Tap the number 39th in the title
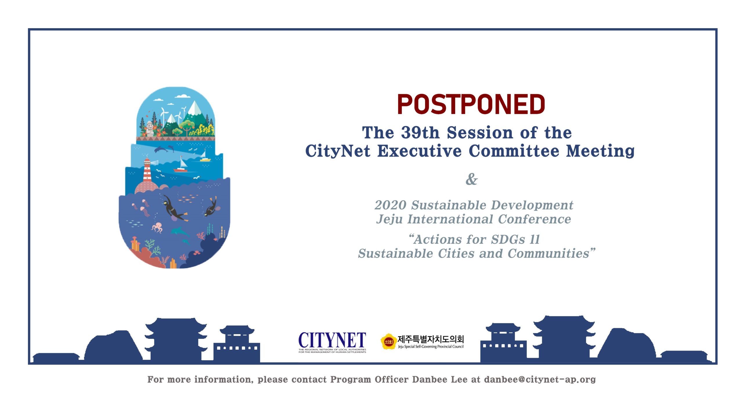tap(420, 133)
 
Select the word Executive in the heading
tap(419, 151)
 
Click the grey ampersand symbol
tap(471, 179)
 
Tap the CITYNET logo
tap(332, 342)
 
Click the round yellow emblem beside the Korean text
tap(389, 342)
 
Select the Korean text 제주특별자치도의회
tap(431, 339)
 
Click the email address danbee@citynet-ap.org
tap(540, 379)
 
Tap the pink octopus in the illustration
tap(157, 227)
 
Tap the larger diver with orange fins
tap(174, 208)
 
